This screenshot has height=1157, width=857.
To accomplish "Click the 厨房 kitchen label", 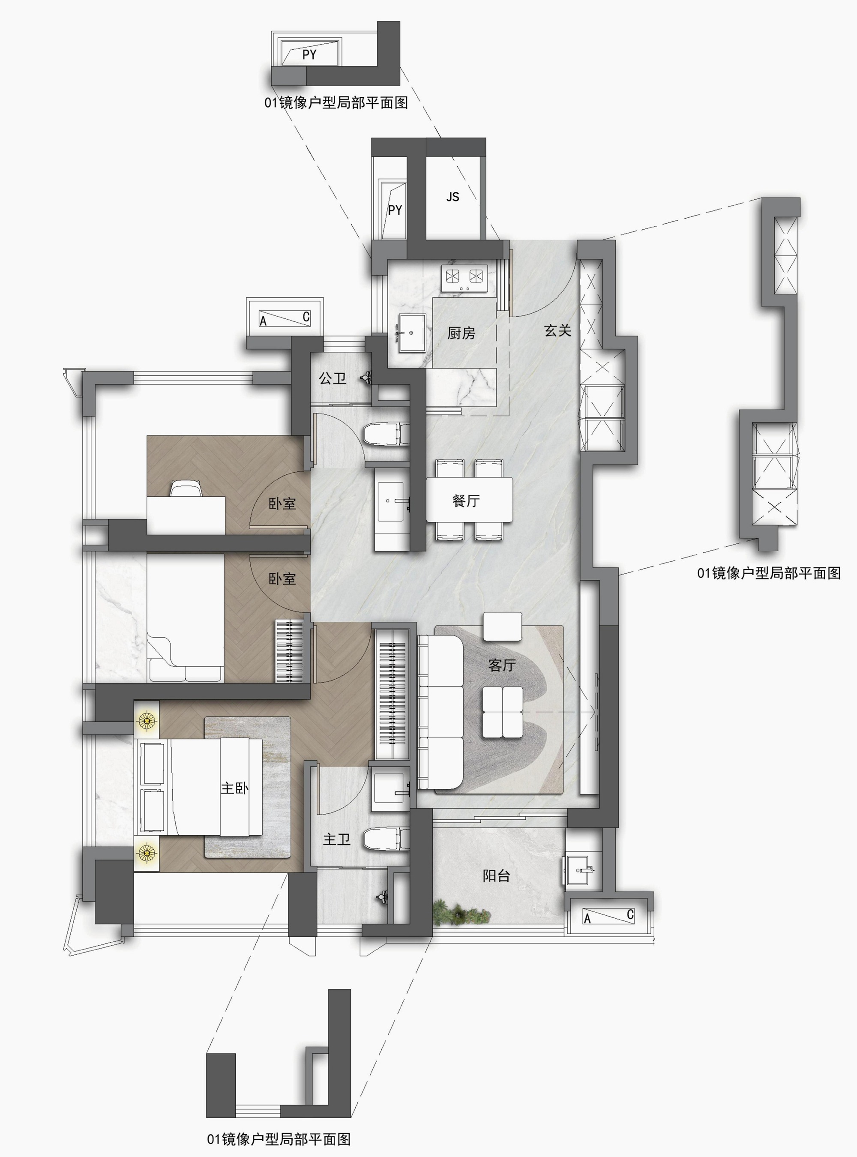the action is click(x=461, y=333).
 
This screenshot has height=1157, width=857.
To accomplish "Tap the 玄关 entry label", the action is click(x=557, y=330).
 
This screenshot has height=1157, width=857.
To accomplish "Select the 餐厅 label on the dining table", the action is click(x=466, y=501).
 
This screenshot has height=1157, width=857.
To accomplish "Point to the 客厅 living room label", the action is click(x=502, y=665).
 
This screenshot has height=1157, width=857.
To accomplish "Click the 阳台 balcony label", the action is click(x=497, y=876).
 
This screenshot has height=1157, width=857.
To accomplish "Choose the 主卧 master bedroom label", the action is click(x=234, y=788).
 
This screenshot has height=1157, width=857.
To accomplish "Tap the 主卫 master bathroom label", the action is click(x=337, y=839).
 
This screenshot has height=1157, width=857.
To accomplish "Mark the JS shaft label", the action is click(x=453, y=197).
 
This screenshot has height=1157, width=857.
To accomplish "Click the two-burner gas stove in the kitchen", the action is click(x=463, y=278).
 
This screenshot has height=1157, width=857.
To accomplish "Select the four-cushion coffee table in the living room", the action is click(x=502, y=712).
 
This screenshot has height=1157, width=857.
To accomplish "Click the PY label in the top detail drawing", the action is click(x=309, y=54).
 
